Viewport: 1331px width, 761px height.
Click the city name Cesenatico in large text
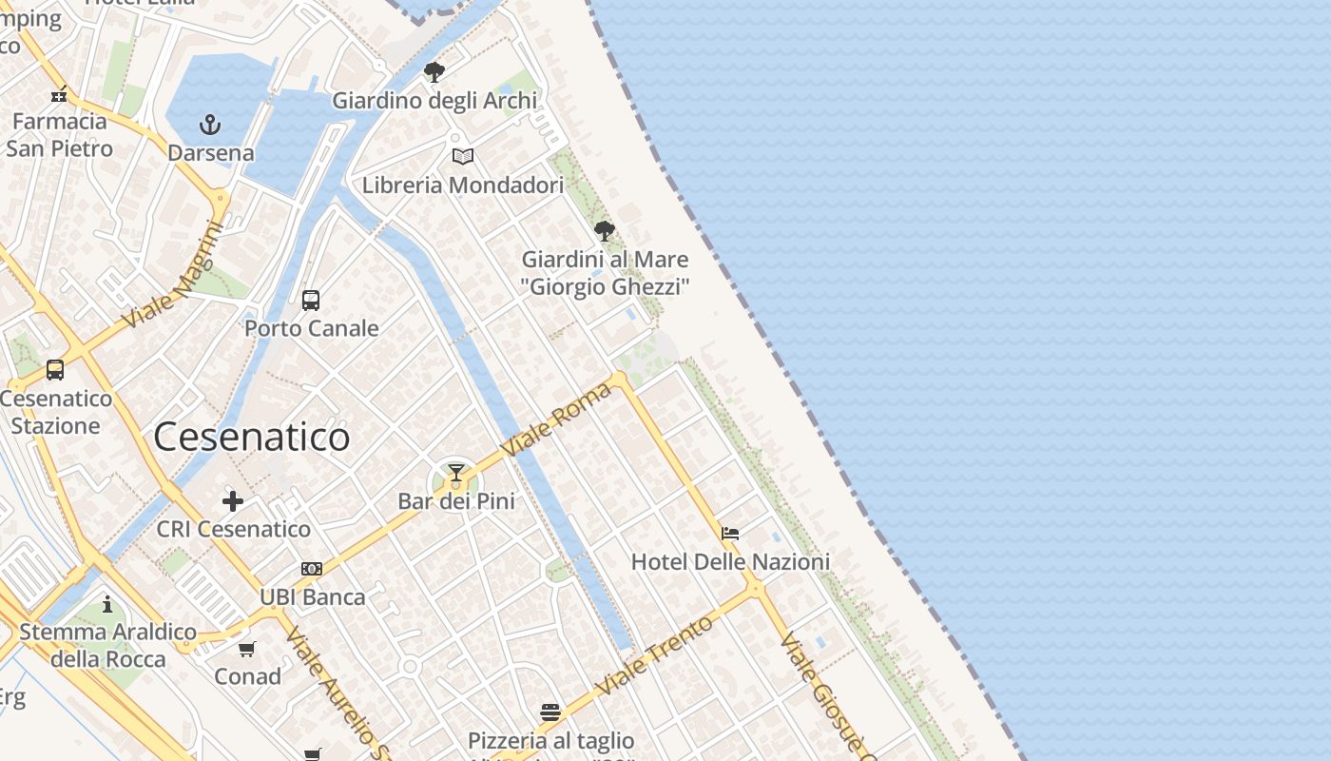[251, 438]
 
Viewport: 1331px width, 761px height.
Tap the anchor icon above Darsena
[209, 125]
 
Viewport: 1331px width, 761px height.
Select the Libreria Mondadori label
[463, 185]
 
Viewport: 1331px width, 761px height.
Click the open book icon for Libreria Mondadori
[463, 157]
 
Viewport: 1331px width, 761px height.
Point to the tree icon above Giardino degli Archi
[434, 72]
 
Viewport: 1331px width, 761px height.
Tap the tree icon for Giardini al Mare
[604, 230]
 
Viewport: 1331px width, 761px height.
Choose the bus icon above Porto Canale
[311, 301]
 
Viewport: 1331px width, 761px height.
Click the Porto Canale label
[312, 329]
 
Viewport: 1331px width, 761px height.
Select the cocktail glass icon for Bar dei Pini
[456, 473]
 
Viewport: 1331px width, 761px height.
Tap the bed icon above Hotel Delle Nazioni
[730, 534]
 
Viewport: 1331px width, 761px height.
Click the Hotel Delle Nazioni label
[730, 562]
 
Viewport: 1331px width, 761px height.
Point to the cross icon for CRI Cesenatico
[233, 501]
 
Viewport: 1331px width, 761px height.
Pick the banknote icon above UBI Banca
[312, 569]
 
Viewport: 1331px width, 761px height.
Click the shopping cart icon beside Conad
[247, 649]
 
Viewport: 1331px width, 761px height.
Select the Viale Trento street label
[655, 656]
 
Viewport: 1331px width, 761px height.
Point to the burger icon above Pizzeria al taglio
[550, 712]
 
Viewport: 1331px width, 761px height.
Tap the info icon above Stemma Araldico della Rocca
[107, 604]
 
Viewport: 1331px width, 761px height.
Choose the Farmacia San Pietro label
[60, 135]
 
